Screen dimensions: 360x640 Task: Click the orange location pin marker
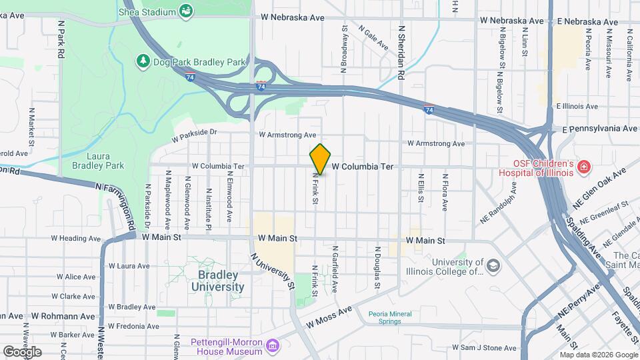click(x=320, y=159)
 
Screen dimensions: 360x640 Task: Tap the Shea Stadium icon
click(x=186, y=11)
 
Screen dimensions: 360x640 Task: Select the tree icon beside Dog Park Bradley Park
click(x=143, y=61)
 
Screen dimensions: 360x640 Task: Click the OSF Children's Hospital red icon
click(x=584, y=166)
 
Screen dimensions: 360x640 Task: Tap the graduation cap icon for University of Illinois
click(x=493, y=267)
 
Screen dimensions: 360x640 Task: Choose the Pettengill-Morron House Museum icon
click(x=272, y=346)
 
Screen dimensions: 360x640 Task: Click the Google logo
click(x=22, y=351)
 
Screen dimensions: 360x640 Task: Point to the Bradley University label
click(x=217, y=281)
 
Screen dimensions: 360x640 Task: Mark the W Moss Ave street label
click(x=329, y=317)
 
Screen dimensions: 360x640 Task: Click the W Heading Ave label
click(x=75, y=238)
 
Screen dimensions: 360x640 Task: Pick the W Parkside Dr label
click(x=195, y=136)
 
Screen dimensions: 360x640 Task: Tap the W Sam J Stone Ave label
click(x=484, y=347)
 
